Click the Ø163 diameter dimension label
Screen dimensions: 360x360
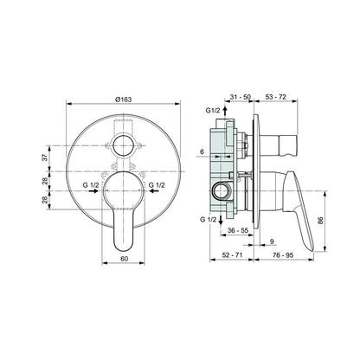[123, 100]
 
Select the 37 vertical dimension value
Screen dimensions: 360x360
[45, 158]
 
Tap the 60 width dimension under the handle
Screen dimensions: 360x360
[124, 259]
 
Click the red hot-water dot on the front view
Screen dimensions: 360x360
[107, 190]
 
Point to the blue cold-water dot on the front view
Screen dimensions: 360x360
[139, 190]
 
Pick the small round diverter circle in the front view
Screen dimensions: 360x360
[124, 146]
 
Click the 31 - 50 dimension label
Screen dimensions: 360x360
[241, 97]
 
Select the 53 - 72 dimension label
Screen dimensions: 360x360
[276, 97]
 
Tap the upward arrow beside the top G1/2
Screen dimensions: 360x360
[225, 111]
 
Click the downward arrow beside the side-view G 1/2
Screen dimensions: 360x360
[221, 220]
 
